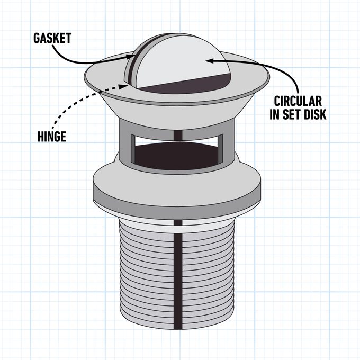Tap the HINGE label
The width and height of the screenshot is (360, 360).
point(52,137)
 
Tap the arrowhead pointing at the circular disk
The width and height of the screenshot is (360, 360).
point(208,60)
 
